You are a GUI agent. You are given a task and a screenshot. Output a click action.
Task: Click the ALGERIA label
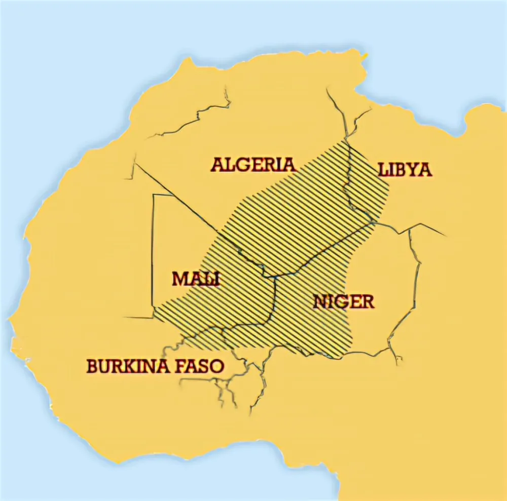click(252, 165)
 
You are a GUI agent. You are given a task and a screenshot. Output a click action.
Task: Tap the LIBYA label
click(405, 169)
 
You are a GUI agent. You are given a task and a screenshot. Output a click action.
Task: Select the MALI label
click(196, 279)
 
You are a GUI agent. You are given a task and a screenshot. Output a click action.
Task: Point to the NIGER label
click(344, 302)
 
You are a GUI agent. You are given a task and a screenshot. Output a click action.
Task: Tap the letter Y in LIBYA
click(411, 169)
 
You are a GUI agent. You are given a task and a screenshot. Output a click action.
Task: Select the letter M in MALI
click(180, 279)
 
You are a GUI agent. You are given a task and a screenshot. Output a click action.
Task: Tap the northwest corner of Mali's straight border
click(154, 194)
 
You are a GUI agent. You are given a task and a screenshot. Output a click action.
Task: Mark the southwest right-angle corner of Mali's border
click(153, 317)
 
